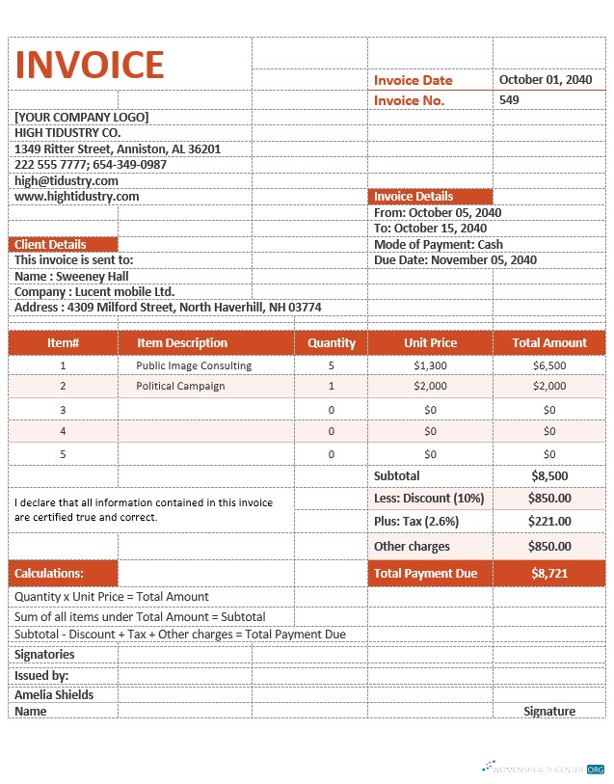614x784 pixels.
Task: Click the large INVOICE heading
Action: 90,65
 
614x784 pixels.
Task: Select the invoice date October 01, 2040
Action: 545,80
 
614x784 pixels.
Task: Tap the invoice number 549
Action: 509,99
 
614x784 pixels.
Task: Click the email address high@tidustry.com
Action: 67,180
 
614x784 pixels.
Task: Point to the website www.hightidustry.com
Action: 77,196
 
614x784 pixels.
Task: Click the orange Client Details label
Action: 50,245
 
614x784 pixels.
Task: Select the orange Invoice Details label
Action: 414,197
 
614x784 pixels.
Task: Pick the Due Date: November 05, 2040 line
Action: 455,260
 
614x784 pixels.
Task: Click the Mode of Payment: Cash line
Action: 439,245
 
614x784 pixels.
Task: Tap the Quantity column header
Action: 331,342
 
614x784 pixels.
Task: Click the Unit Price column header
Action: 430,342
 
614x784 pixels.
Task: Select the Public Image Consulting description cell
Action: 194,365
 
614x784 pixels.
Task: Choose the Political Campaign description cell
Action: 180,386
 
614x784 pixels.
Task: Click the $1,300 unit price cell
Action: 430,365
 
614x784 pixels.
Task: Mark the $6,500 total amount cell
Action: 549,365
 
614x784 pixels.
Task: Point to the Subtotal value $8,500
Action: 549,476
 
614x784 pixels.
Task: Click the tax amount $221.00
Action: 549,522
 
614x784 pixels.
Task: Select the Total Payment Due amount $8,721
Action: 549,574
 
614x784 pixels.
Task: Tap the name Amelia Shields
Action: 54,695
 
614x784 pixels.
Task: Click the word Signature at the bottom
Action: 549,712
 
